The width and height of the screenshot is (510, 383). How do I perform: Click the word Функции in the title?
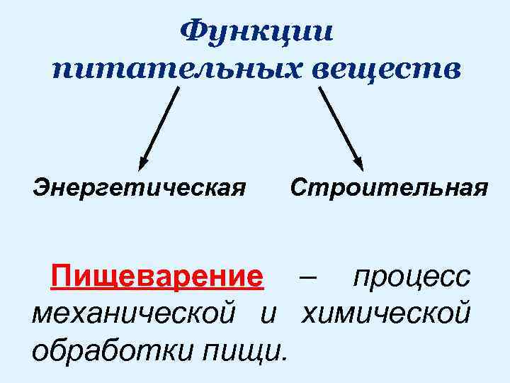point(256,31)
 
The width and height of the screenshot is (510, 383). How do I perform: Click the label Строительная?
point(389,189)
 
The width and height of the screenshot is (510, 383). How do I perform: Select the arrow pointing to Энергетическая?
point(160,126)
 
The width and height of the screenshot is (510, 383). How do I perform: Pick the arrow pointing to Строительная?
point(340,126)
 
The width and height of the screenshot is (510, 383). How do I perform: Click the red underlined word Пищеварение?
point(157,276)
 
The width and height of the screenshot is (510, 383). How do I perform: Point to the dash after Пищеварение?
point(308,276)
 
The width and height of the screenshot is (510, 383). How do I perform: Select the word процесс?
point(412,276)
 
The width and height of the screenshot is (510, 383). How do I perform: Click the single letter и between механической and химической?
point(267,311)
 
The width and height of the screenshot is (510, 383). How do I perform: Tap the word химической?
point(385,311)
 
